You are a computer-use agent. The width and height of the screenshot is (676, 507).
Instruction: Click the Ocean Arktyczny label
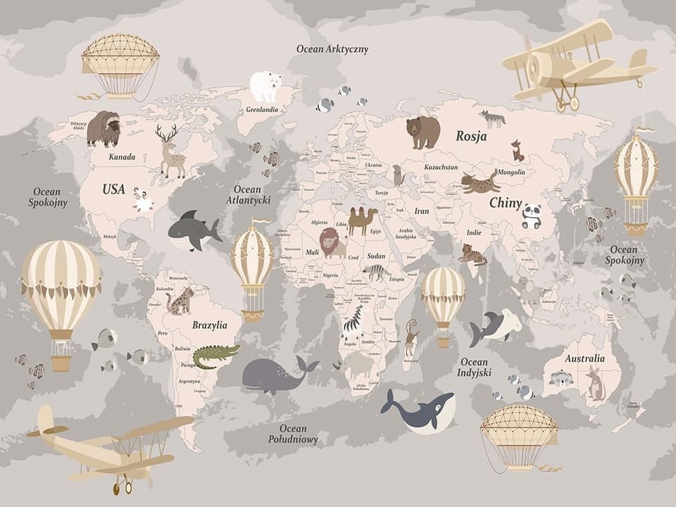(332, 49)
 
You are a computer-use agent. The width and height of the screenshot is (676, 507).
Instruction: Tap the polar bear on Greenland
(265, 86)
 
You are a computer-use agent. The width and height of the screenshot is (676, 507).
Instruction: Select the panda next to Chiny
(532, 216)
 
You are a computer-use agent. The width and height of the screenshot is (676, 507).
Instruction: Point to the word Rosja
(471, 136)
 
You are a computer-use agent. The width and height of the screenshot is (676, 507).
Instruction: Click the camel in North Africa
(362, 220)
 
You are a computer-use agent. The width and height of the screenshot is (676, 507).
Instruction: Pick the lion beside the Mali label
(332, 242)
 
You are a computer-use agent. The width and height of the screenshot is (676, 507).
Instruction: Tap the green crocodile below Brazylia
(215, 356)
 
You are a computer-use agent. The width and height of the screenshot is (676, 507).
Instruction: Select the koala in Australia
(561, 379)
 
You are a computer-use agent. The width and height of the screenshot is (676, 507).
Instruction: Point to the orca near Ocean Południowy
(420, 411)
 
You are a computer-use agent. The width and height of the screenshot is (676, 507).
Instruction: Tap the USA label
(113, 189)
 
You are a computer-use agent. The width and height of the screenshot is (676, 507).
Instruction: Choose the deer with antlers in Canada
(170, 151)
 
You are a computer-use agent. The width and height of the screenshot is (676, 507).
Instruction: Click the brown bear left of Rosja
(423, 132)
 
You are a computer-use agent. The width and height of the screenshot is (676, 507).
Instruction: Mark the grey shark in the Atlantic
(193, 230)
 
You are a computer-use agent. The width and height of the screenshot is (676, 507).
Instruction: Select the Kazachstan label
(441, 168)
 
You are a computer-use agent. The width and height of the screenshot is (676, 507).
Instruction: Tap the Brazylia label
(210, 325)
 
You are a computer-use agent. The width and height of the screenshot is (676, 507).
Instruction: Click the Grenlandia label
(262, 110)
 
